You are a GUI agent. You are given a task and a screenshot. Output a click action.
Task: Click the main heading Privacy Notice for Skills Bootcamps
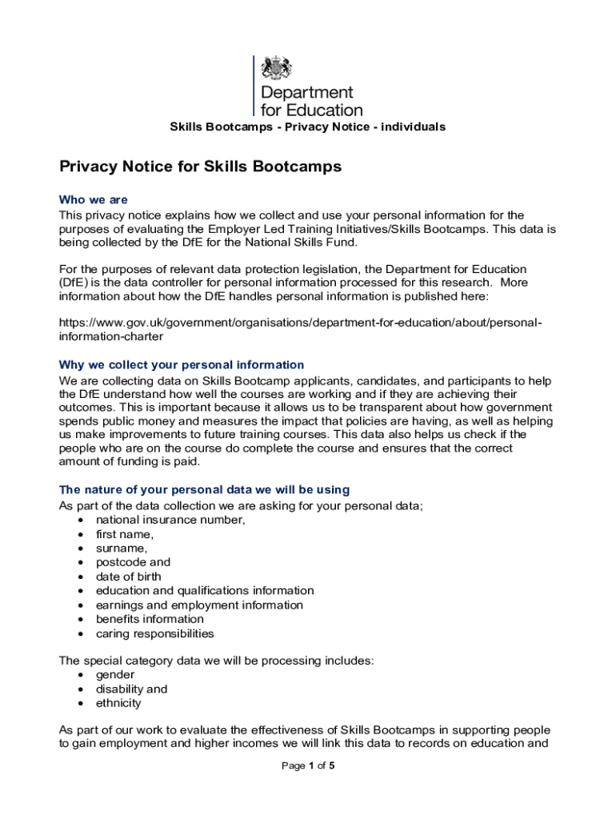coord(200,167)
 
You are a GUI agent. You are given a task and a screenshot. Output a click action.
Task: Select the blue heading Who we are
coord(94,199)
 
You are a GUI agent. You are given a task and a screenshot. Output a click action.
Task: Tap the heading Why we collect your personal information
coord(182,364)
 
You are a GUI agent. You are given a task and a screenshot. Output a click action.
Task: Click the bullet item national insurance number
coord(170,520)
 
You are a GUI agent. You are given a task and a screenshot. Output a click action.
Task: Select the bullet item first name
coord(125,534)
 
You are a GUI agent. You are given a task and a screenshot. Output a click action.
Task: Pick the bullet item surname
coord(122,549)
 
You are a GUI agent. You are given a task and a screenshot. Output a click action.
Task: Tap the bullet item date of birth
coord(128,577)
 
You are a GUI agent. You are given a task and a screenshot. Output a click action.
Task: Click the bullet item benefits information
coord(150,619)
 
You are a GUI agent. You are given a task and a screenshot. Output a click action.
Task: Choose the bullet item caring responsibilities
coord(154,633)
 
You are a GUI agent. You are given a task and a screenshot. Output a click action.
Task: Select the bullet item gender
coord(115,675)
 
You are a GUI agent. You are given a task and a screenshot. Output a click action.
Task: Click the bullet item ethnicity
coord(118,703)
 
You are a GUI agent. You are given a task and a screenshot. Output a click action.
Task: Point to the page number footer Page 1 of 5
coord(308,766)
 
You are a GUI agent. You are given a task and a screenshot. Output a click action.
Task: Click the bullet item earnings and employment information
coord(199,605)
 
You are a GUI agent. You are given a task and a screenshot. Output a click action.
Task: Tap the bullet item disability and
coord(131,689)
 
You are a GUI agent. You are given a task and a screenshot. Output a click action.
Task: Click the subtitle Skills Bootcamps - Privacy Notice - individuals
coord(307,127)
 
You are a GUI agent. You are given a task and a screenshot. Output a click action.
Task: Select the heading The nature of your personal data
coord(204,489)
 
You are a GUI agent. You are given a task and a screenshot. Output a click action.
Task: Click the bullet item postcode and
coord(133,562)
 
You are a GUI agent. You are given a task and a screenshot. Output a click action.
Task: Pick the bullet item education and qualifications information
coord(205,590)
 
